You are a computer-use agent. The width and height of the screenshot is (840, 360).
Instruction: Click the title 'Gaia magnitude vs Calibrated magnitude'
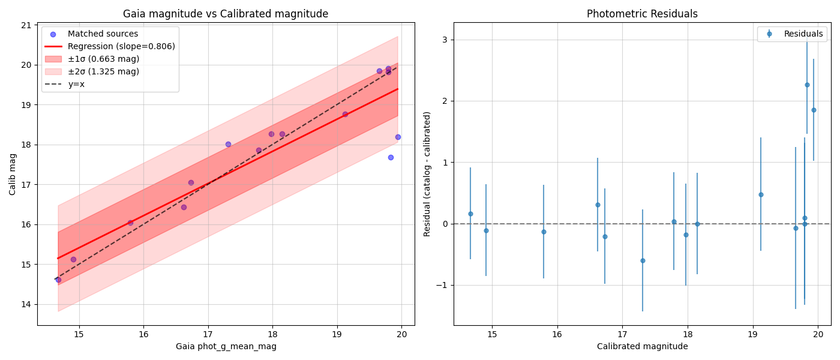pyautogui.click(x=226, y=14)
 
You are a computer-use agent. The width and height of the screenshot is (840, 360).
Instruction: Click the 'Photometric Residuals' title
pyautogui.click(x=642, y=14)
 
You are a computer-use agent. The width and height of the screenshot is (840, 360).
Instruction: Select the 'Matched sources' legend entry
pyautogui.click(x=103, y=34)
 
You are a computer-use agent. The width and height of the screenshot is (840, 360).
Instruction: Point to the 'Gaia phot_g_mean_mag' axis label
pyautogui.click(x=226, y=346)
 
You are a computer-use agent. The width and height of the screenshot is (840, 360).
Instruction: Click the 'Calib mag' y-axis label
pyautogui.click(x=13, y=174)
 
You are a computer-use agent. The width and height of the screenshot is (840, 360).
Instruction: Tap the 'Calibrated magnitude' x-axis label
pyautogui.click(x=642, y=346)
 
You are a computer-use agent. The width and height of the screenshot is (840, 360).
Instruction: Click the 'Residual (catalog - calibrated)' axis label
pyautogui.click(x=427, y=174)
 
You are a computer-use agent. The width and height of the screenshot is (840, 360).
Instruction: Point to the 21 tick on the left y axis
pyautogui.click(x=26, y=25)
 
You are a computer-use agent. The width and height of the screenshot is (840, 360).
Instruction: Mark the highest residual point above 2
pyautogui.click(x=807, y=85)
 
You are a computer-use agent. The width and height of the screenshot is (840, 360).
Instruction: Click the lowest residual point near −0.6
pyautogui.click(x=643, y=260)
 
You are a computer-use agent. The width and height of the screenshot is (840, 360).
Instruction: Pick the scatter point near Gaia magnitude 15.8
pyautogui.click(x=130, y=223)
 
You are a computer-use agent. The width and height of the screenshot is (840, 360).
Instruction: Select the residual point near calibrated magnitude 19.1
pyautogui.click(x=761, y=194)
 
